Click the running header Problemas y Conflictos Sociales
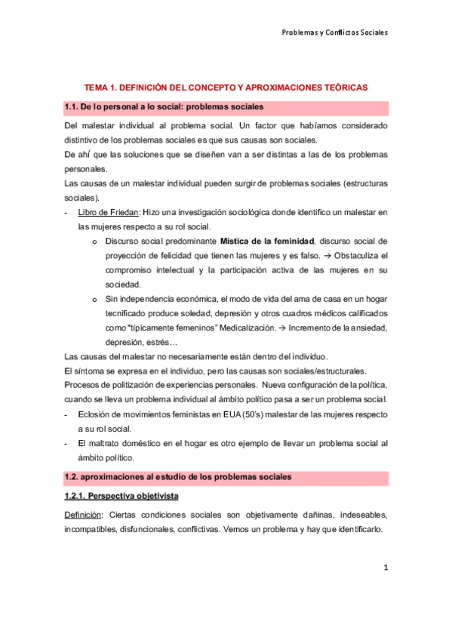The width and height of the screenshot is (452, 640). [x=334, y=32]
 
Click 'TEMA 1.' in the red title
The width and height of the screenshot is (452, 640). [x=102, y=88]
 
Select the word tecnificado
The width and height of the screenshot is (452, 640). [x=128, y=313]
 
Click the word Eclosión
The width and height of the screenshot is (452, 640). [x=96, y=414]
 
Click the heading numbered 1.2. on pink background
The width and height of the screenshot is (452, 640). [x=178, y=478]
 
